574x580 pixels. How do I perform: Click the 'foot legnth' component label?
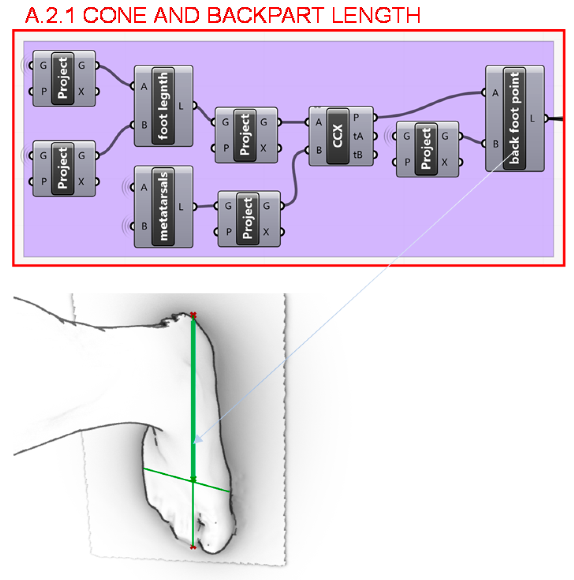point(163,106)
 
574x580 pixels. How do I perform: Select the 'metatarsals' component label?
point(163,207)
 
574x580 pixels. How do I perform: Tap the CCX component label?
point(338,136)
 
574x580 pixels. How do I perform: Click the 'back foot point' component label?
point(514,118)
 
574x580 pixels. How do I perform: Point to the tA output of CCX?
point(358,136)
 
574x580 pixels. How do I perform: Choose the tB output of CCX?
point(358,155)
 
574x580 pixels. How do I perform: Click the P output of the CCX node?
point(356,117)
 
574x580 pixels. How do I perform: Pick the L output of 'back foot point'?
point(533,119)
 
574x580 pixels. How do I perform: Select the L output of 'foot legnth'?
point(181,106)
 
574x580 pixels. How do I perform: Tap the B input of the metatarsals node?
point(144,226)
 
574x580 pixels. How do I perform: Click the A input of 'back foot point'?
point(495,93)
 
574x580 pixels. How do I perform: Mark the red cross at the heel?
point(193,315)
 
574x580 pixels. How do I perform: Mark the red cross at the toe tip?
point(193,547)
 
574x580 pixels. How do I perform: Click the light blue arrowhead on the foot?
point(198,440)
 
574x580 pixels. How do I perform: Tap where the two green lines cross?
point(193,481)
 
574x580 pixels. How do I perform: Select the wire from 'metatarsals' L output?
point(205,207)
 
